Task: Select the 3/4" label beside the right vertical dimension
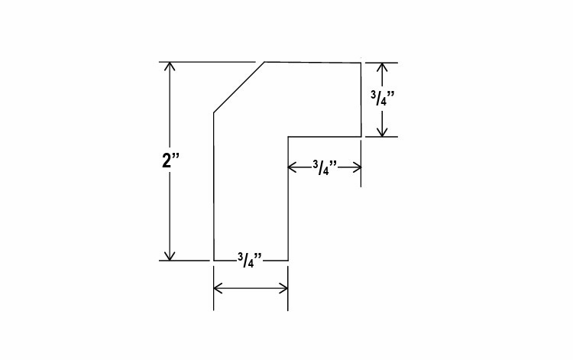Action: point(382,99)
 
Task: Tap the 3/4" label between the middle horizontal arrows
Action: point(325,167)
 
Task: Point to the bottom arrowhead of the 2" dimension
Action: point(170,255)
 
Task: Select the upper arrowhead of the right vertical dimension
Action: point(383,66)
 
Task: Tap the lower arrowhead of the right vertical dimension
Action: point(383,131)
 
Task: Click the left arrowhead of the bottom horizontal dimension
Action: point(218,288)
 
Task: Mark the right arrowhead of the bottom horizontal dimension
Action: point(283,288)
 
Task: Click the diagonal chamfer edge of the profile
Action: point(239,88)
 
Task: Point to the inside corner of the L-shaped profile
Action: point(287,137)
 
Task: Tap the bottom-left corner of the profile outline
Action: point(213,261)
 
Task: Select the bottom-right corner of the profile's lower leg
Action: point(287,261)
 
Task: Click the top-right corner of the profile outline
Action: point(361,62)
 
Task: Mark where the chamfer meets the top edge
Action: point(265,62)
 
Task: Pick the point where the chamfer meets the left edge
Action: point(213,114)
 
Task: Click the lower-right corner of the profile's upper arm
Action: point(361,137)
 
